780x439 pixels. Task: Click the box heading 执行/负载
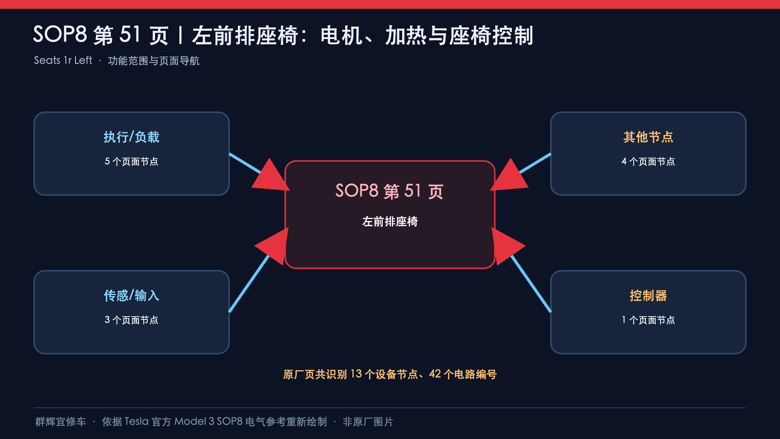point(131,137)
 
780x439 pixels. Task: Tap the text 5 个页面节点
point(131,161)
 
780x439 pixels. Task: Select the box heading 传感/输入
point(131,296)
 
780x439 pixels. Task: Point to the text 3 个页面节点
point(131,320)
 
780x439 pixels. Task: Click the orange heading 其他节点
point(648,137)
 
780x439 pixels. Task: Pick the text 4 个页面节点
point(648,161)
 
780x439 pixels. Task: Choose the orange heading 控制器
point(648,296)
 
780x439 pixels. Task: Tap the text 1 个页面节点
point(648,320)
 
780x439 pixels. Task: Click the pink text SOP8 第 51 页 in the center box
point(390,191)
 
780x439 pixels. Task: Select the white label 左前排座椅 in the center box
point(390,221)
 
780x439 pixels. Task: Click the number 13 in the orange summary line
point(356,374)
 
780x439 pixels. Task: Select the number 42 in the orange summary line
point(435,374)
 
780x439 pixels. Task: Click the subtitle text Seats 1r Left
point(63,60)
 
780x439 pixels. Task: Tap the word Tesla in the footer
point(136,421)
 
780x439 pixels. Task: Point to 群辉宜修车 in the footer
point(60,421)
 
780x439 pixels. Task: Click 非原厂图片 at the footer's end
point(368,421)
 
